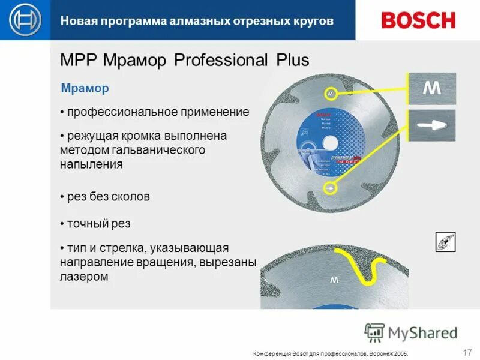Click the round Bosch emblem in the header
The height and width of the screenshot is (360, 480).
pos(25,20)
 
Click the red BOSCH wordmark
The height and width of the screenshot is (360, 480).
pos(418,20)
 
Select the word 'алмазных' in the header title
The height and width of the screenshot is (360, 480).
pos(182,21)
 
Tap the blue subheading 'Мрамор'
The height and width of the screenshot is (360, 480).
pos(85,89)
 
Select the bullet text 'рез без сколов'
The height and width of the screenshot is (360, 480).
pos(108,197)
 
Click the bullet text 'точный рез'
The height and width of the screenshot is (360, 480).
pos(98,224)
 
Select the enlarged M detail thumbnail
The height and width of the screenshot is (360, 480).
pos(432,89)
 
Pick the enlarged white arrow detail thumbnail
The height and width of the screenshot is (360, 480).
pos(432,125)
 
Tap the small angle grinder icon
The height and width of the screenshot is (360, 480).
pos(445,242)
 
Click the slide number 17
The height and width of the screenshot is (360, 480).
pos(468,352)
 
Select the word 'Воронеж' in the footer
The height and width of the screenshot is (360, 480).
pos(380,353)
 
